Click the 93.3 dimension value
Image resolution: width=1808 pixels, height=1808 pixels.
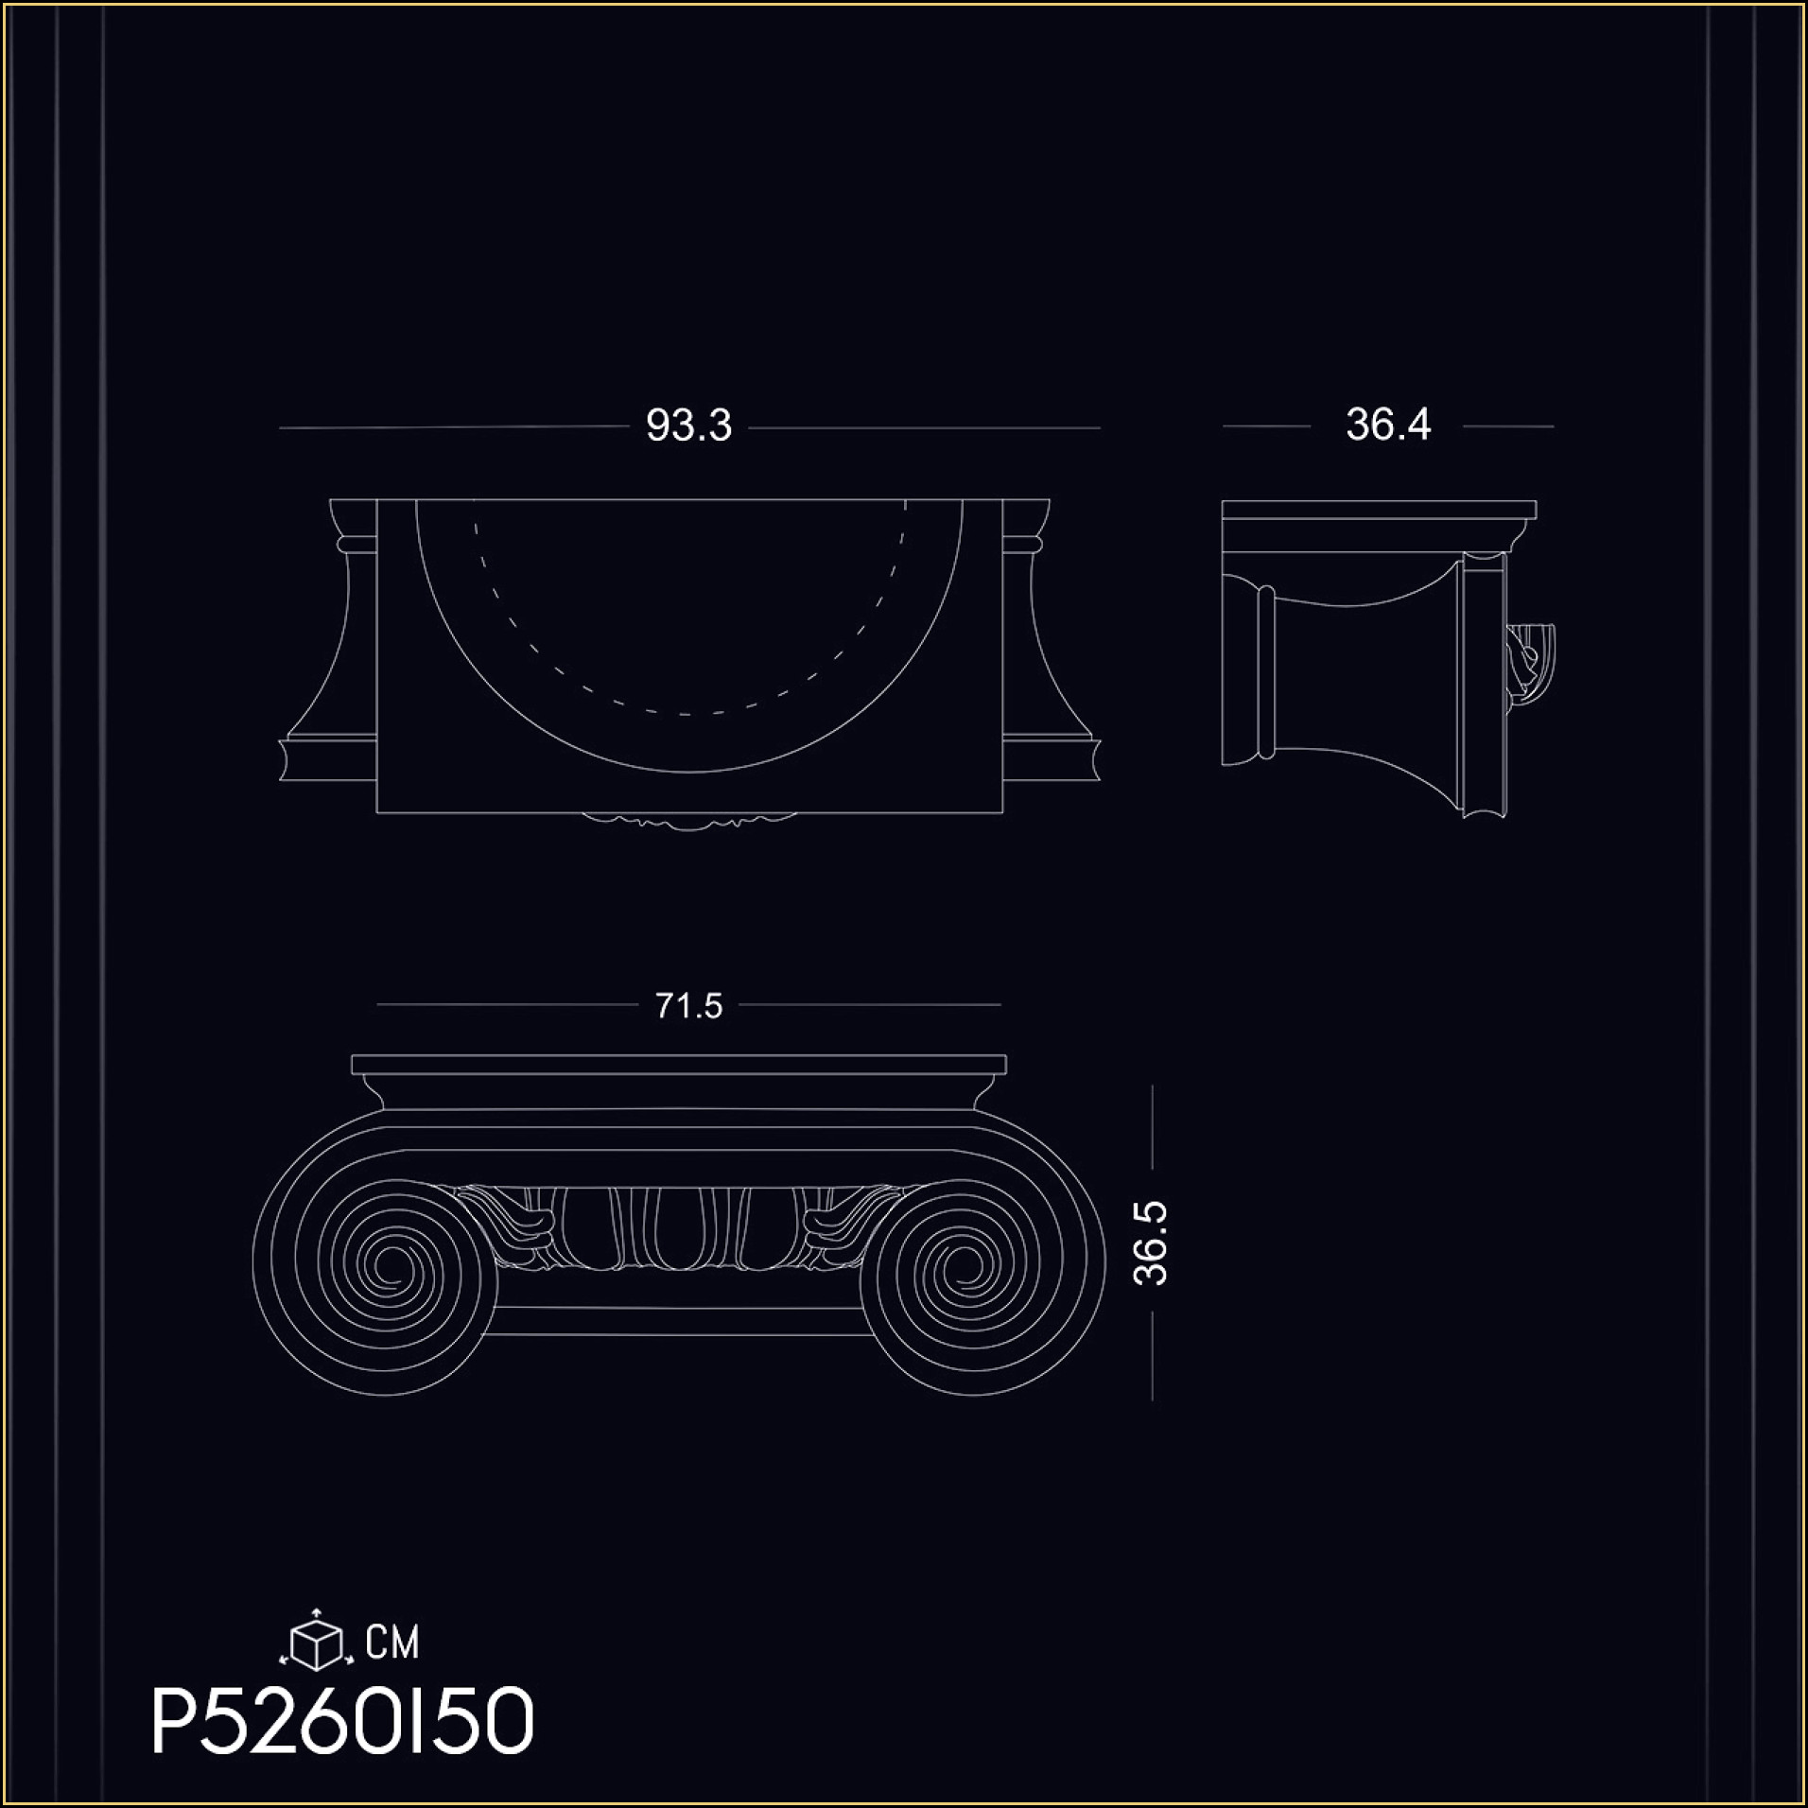point(688,426)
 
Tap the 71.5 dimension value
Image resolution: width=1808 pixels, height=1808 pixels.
point(688,1005)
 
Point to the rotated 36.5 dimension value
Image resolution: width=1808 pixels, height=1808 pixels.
point(1152,1243)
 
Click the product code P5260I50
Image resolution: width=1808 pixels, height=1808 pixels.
point(342,1723)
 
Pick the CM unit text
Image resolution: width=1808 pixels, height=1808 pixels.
point(391,1643)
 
